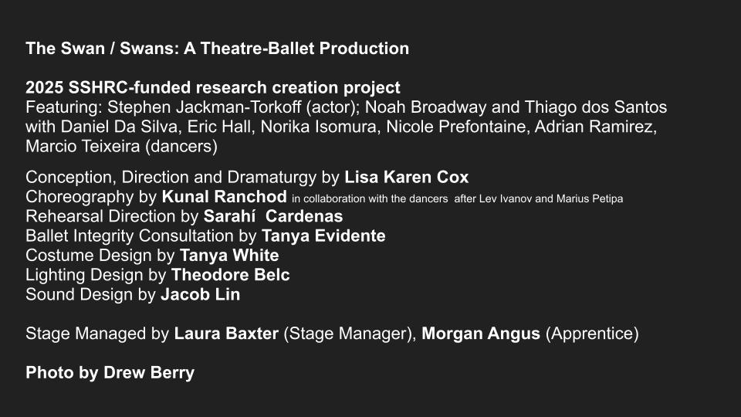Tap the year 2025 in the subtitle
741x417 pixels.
pyautogui.click(x=45, y=87)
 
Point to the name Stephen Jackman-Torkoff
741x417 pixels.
pyautogui.click(x=204, y=107)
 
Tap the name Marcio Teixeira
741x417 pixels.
pyautogui.click(x=83, y=146)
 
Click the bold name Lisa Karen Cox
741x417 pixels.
pyautogui.click(x=407, y=178)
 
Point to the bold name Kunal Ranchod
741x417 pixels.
pyautogui.click(x=225, y=197)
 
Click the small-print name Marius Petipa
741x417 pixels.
pyautogui.click(x=589, y=199)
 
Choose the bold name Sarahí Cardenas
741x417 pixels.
pyautogui.click(x=273, y=216)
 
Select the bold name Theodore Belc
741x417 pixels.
pyautogui.click(x=231, y=275)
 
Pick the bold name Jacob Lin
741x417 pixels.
pyautogui.click(x=201, y=294)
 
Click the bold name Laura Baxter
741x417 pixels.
pyautogui.click(x=226, y=334)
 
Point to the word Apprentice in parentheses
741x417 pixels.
pyautogui.click(x=592, y=334)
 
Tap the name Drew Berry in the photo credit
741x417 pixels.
pyautogui.click(x=149, y=372)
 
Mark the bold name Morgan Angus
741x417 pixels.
pyautogui.click(x=481, y=334)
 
